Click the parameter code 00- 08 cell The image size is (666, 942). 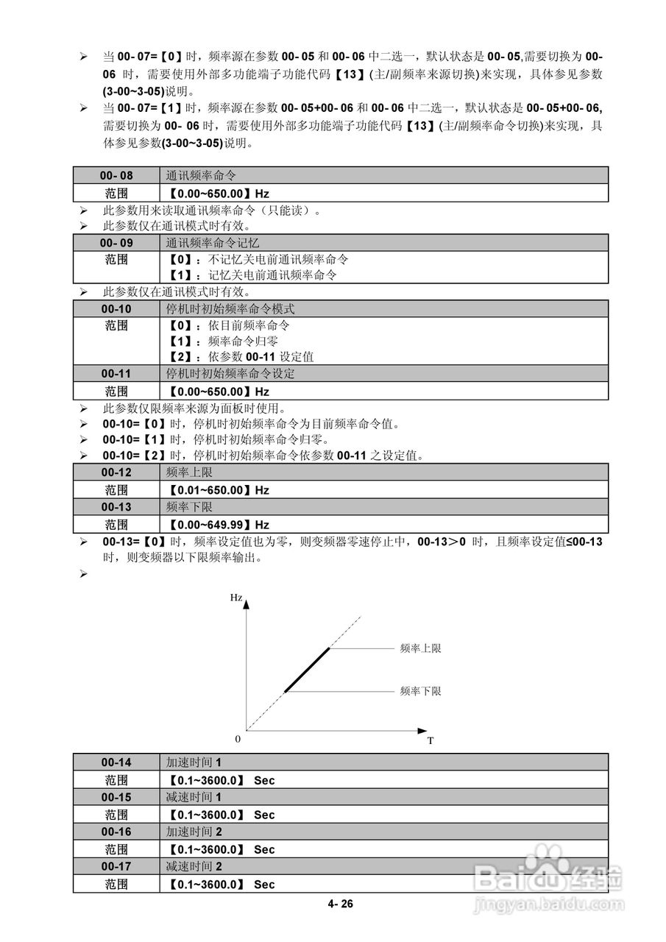coord(116,175)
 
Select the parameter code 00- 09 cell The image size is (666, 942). coord(116,242)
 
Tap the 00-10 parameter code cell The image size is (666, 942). coord(116,308)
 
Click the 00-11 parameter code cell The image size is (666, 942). coord(116,374)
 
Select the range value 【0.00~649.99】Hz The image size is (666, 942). coord(219,525)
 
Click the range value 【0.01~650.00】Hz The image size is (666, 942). coord(219,490)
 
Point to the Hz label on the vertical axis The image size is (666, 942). coord(235,598)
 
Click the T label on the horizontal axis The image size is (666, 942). coord(431,740)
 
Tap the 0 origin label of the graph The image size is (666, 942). coord(238,738)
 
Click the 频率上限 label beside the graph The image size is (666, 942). coord(420,648)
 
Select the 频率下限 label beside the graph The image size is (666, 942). coord(420,691)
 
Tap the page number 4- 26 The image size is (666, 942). coord(341,904)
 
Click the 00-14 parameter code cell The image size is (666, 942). coord(116,762)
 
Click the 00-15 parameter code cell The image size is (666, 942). coord(116,797)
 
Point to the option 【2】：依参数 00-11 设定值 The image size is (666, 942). coord(240,357)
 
